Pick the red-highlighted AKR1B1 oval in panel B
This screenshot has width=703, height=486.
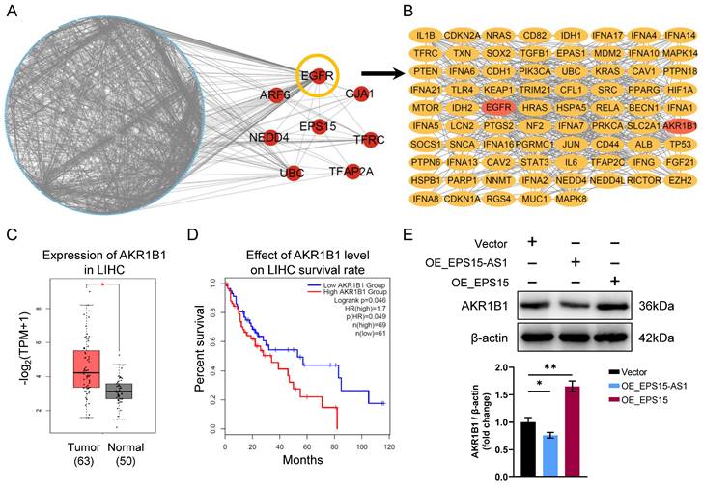click(681, 125)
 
